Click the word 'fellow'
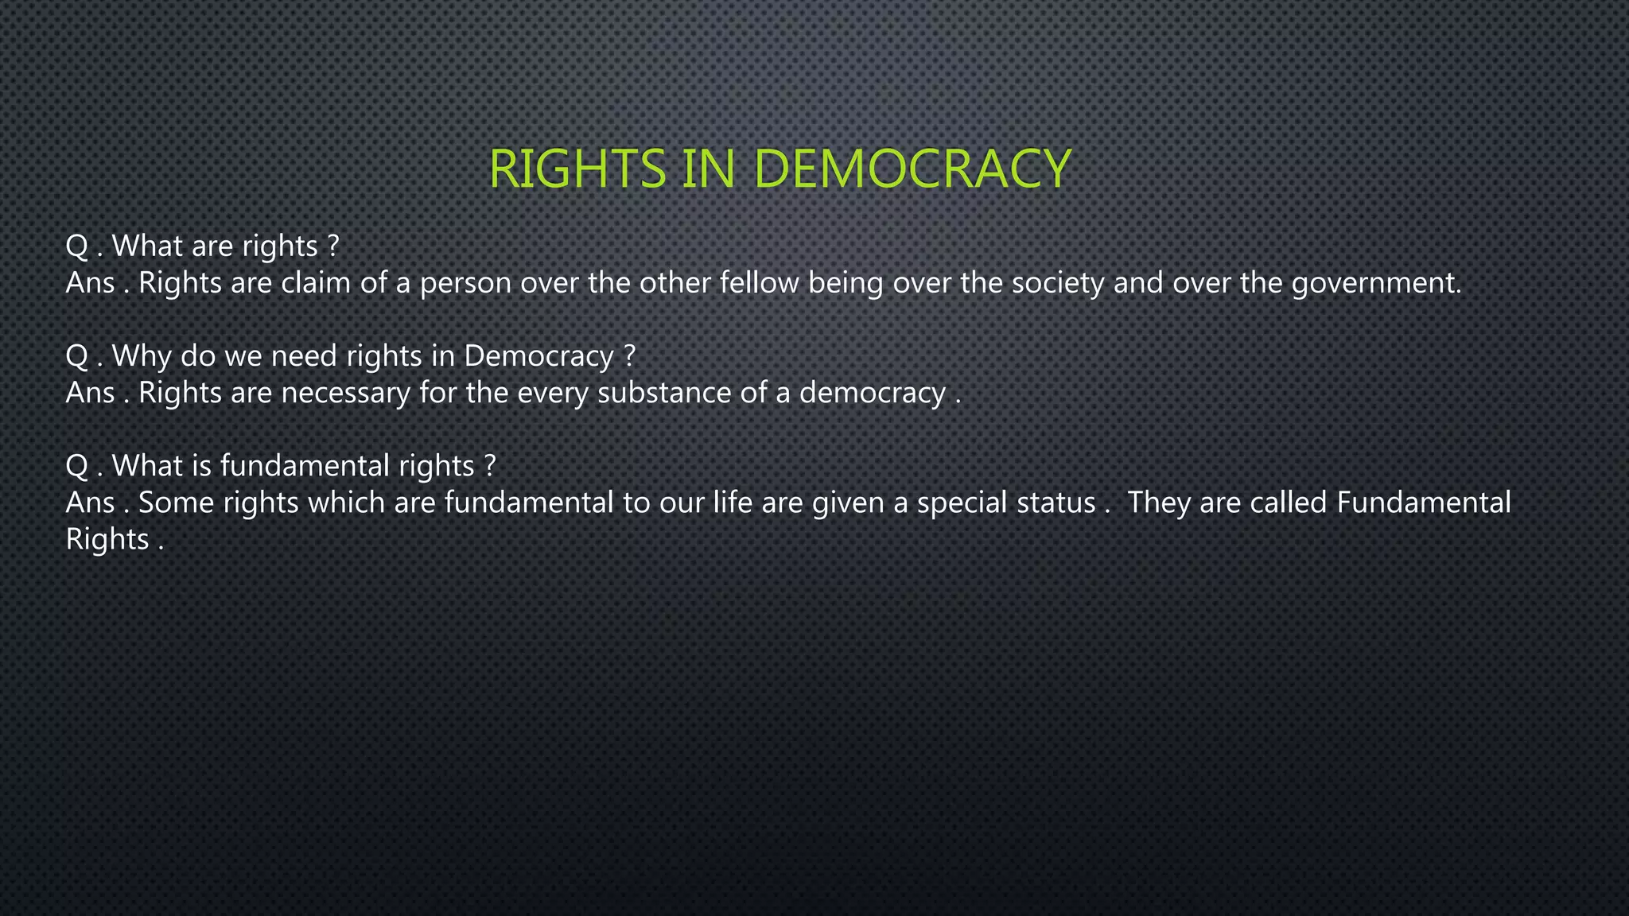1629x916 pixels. click(760, 283)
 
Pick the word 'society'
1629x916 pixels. click(1058, 283)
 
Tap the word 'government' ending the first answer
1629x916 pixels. click(1375, 283)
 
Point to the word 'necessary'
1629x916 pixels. click(345, 393)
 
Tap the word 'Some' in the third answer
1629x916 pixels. click(176, 503)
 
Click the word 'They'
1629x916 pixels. click(1158, 503)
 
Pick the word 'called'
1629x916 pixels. click(1288, 503)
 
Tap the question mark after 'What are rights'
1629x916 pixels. click(333, 246)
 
